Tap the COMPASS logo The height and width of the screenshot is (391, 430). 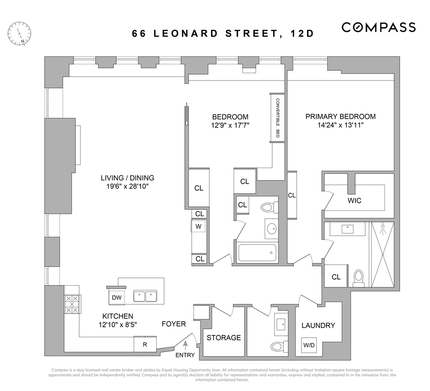378,27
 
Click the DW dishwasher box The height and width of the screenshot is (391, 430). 116,297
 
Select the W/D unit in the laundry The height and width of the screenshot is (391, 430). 309,345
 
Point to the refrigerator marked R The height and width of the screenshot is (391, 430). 145,345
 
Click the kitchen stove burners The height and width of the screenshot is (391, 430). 72,304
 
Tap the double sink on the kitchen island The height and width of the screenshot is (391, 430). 145,296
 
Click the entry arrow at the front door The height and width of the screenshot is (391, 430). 185,344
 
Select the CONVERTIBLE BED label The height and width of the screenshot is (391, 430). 277,118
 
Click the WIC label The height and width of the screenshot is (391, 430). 354,201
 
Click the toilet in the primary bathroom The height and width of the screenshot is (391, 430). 359,278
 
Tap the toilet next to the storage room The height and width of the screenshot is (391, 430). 276,347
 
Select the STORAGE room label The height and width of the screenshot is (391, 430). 224,338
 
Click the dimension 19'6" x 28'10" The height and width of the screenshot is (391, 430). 127,186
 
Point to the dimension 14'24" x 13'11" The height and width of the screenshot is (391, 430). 340,125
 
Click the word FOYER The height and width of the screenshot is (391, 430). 174,324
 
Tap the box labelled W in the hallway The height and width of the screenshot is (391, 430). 198,227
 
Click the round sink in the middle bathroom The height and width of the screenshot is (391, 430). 272,228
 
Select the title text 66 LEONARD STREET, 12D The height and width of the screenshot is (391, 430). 223,34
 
